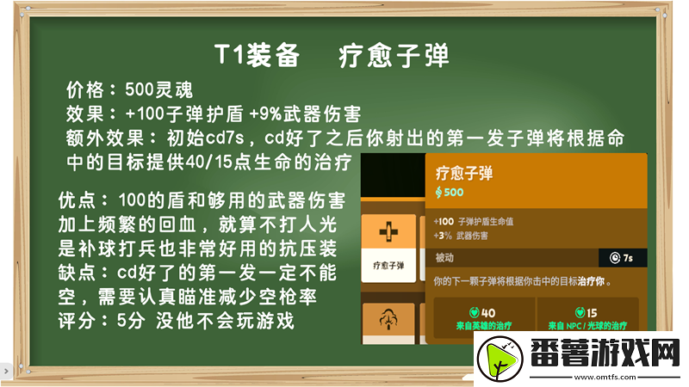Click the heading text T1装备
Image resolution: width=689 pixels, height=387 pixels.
257,56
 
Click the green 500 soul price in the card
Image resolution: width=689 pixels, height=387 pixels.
451,191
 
